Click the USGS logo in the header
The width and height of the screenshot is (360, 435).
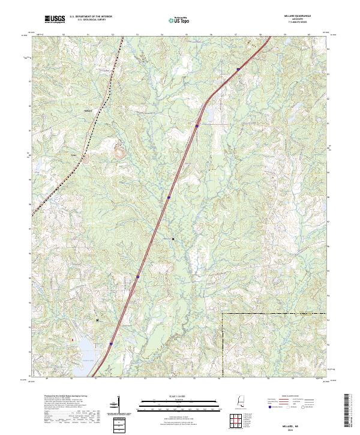[x=55, y=20]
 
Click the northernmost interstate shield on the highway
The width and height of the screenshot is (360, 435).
[x=238, y=69]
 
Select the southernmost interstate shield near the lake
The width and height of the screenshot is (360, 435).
[x=111, y=344]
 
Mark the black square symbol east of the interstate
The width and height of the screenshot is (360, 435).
[x=173, y=238]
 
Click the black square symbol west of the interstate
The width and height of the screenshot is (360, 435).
[x=97, y=320]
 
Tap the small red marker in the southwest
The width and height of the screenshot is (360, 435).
[x=73, y=340]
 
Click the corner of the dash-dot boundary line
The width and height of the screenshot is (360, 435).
[x=222, y=313]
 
